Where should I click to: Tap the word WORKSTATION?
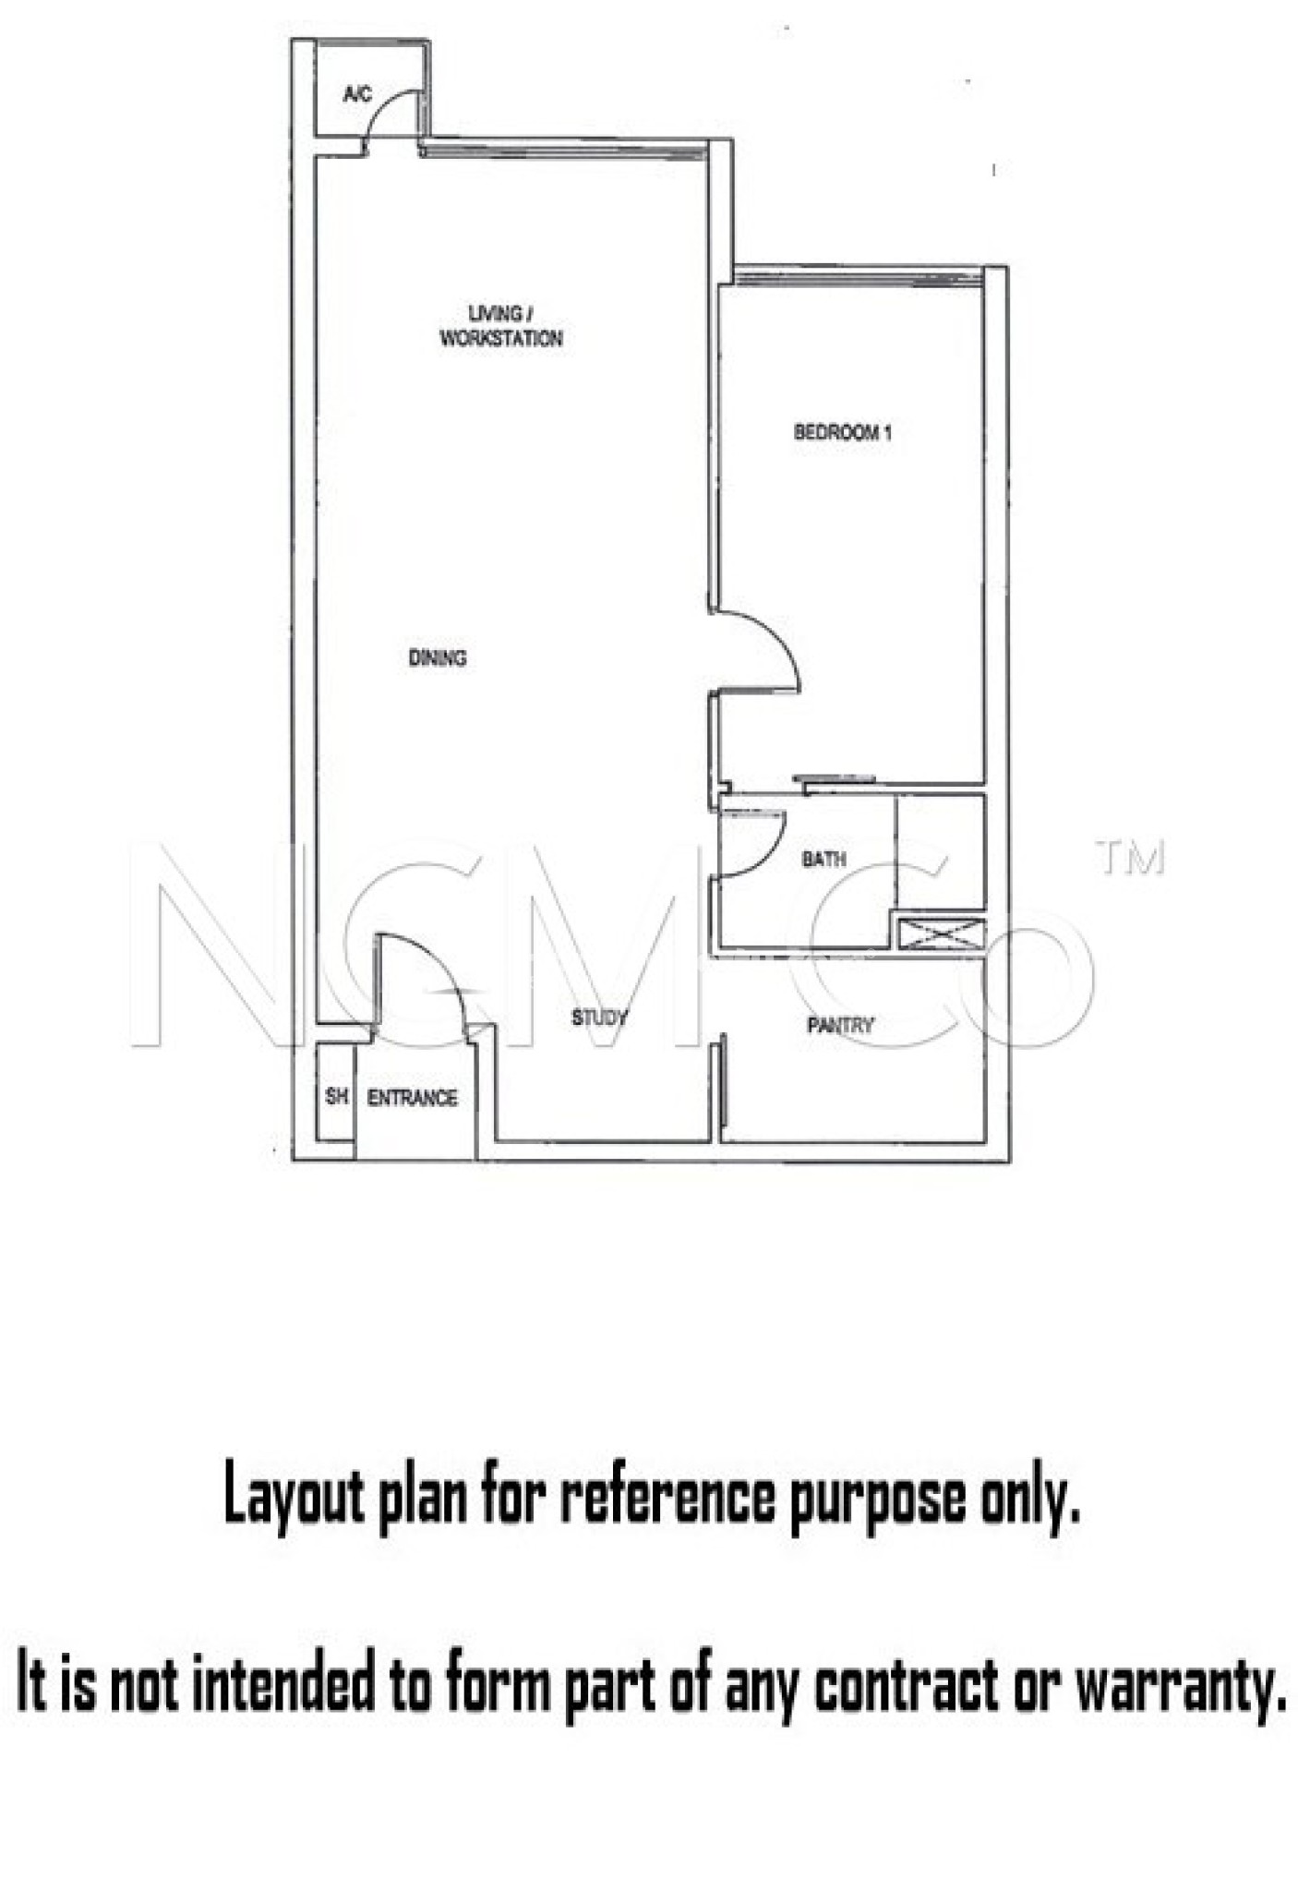pos(501,339)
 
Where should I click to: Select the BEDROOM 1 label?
pos(843,432)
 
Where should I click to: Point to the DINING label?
pos(438,658)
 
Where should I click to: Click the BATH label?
pos(823,860)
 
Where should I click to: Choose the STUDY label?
pos(599,1018)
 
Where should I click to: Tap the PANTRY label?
pos(840,1025)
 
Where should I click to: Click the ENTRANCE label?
pos(413,1098)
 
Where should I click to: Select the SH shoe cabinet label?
pos(337,1096)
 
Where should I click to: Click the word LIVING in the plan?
pos(495,314)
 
